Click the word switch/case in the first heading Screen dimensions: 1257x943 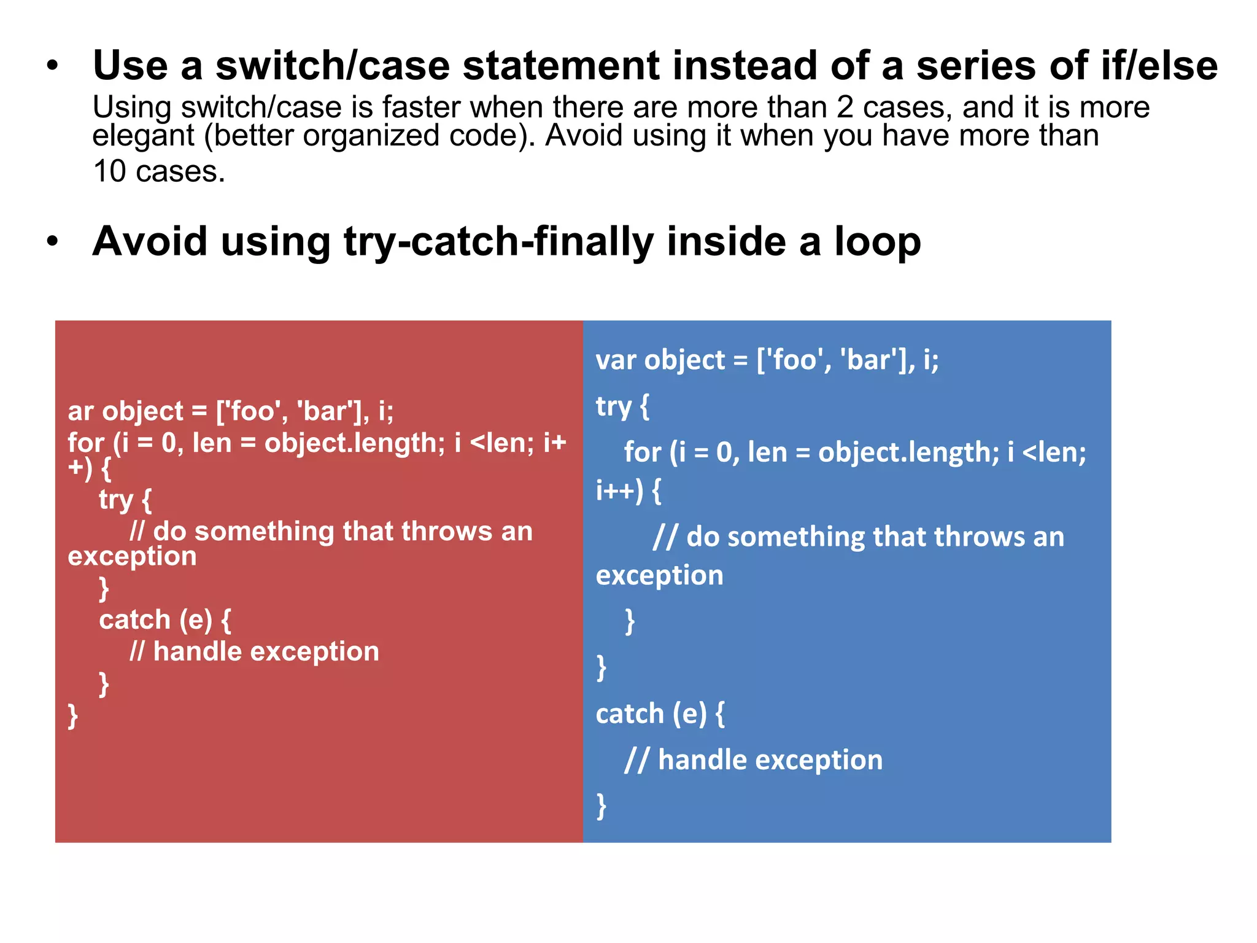pos(332,66)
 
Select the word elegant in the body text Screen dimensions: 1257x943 pos(143,136)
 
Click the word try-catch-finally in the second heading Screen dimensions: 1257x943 pos(498,241)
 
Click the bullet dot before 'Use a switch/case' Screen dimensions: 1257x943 pos(53,66)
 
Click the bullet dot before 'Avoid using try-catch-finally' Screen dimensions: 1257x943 pos(53,241)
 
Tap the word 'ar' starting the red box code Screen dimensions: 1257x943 pos(80,411)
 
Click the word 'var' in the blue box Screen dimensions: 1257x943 pos(614,360)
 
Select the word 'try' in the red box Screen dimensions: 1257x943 pos(116,500)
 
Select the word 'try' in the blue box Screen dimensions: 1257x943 pos(614,406)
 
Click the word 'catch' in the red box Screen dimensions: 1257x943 pos(134,620)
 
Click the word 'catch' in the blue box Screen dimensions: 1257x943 pos(630,714)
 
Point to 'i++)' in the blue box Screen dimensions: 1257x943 pos(619,491)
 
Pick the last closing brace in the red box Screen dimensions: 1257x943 pos(73,716)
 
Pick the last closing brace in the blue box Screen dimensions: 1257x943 pos(601,805)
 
